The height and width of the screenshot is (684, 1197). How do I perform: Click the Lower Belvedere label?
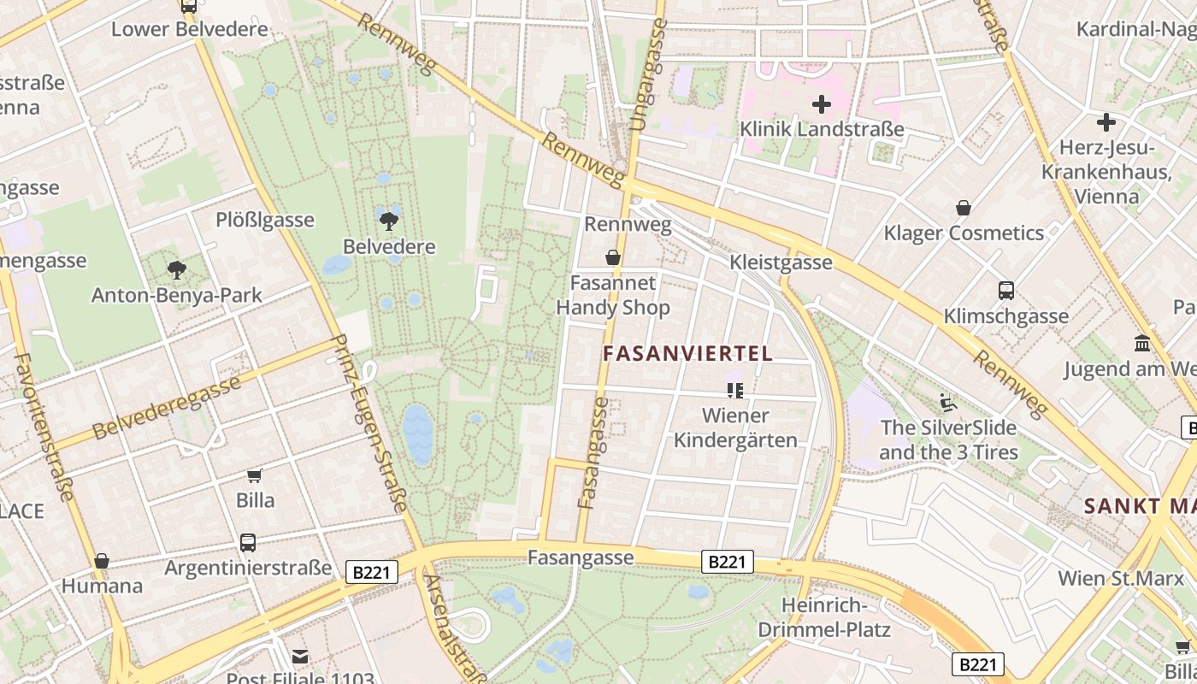[189, 29]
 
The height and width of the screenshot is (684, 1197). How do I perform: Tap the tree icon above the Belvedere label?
[389, 221]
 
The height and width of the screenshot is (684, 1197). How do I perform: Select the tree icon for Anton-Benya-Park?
[177, 270]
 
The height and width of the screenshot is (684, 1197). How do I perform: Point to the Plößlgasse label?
[264, 220]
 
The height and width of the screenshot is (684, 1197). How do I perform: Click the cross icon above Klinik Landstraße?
[822, 104]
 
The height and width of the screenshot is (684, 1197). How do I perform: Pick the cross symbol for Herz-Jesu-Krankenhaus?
[1106, 122]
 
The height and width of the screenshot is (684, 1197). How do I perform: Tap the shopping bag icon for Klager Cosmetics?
[964, 208]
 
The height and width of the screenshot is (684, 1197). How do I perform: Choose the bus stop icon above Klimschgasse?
[1006, 291]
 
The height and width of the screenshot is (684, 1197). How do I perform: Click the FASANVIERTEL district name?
[687, 353]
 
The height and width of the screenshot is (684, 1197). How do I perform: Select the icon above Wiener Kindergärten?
[735, 391]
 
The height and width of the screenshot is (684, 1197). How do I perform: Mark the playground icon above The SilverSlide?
[948, 401]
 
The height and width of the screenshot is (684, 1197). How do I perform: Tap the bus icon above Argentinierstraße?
[248, 542]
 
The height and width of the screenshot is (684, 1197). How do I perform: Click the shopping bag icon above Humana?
[102, 561]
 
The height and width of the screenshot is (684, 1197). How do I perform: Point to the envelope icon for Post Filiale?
[300, 657]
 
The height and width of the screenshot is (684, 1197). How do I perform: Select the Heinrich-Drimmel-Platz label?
[824, 618]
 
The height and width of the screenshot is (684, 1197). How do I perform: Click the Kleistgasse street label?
[781, 262]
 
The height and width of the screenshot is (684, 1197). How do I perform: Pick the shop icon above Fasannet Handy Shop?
[613, 257]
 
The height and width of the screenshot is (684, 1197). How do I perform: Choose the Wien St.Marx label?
[1121, 578]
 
